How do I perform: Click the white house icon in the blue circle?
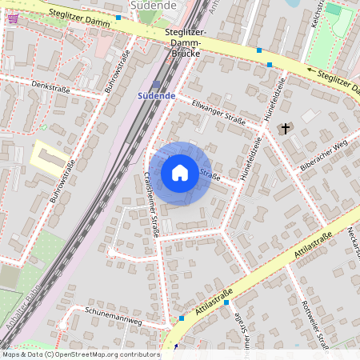tap(180, 173)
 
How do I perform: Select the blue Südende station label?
tap(156, 95)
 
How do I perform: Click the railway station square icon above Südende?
tap(156, 83)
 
